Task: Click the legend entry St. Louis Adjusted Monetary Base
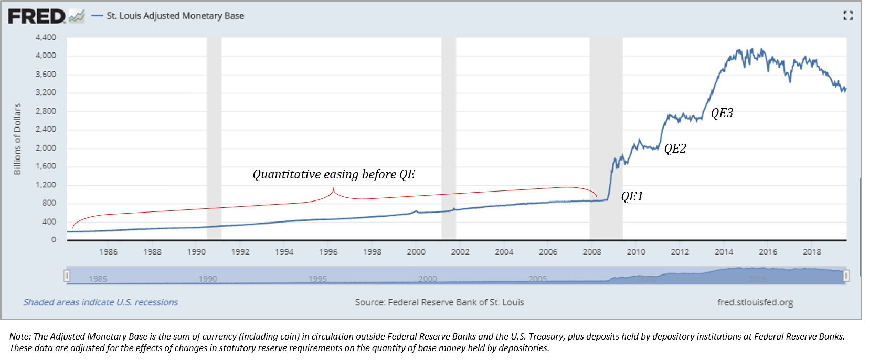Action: (x=175, y=16)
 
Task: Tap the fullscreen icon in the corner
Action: (x=848, y=16)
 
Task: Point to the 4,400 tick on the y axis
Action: (x=46, y=37)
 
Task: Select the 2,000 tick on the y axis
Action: (x=46, y=148)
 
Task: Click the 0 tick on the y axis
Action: (x=54, y=240)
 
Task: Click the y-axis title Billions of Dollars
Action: (x=17, y=139)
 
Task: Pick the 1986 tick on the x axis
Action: (x=108, y=252)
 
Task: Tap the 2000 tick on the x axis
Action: (x=416, y=252)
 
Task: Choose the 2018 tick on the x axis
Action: (x=812, y=252)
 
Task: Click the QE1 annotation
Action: (x=632, y=196)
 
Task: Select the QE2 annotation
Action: (x=675, y=149)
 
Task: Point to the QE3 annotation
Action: (x=722, y=113)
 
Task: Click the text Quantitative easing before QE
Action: (x=334, y=174)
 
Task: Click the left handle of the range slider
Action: (x=67, y=276)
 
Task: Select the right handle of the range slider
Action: (x=846, y=276)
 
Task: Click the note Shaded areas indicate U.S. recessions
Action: (x=101, y=302)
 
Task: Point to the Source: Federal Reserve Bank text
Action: (x=439, y=302)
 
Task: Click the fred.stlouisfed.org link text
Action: (x=755, y=302)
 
